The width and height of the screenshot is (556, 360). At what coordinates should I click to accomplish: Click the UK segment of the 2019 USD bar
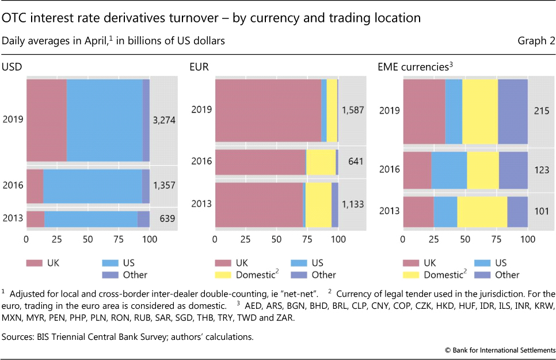pos(46,120)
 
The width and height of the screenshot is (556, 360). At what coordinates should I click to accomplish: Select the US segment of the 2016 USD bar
pos(92,186)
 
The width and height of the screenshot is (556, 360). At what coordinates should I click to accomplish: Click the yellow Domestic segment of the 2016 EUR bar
pos(321,162)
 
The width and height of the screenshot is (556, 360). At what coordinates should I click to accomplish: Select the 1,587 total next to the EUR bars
pos(352,109)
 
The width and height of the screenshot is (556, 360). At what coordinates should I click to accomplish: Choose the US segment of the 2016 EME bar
pos(449,170)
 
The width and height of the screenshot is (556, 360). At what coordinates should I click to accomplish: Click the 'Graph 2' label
pos(537,41)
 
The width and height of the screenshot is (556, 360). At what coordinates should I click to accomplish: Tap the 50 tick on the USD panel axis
pos(87,238)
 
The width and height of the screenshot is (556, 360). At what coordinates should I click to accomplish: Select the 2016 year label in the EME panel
pos(389,170)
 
